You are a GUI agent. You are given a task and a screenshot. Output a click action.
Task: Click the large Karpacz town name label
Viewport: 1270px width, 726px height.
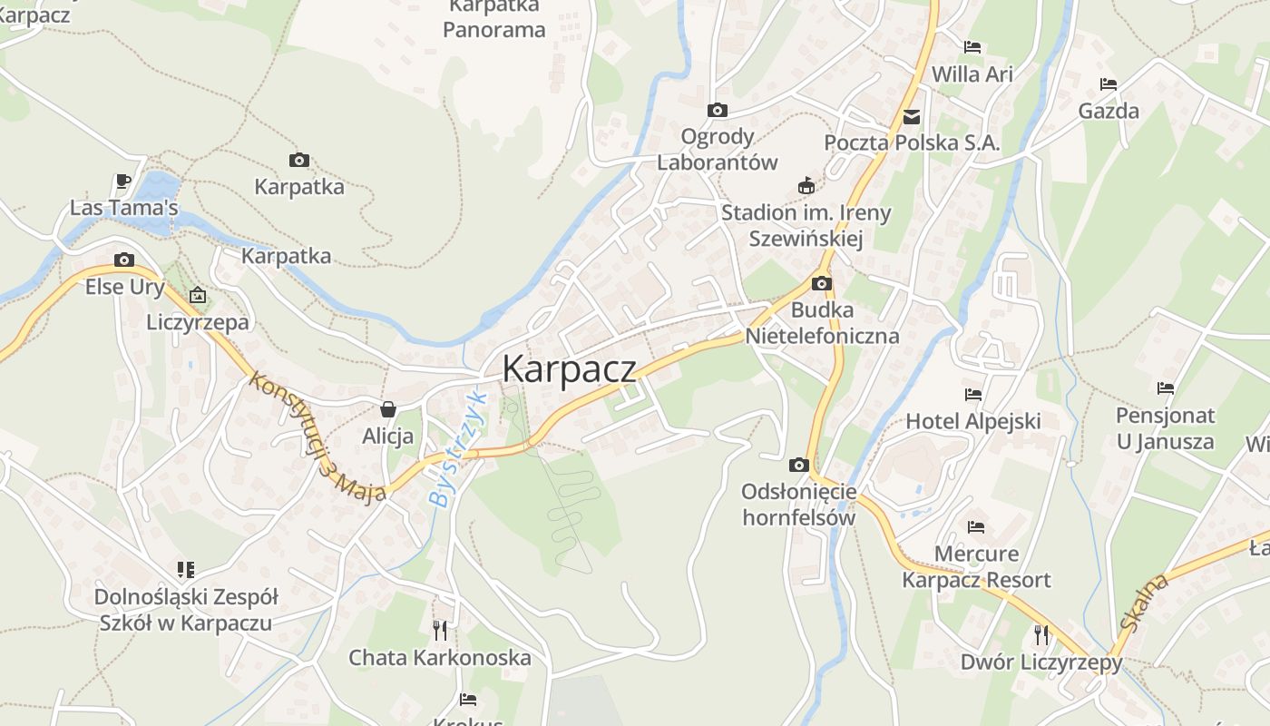pos(569,368)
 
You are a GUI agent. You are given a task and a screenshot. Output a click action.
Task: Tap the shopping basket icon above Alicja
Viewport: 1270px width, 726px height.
pos(388,410)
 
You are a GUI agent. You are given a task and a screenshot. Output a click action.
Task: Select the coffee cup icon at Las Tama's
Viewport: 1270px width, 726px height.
pos(123,181)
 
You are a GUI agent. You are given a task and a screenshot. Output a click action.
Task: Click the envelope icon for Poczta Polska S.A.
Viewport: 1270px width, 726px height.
pos(912,117)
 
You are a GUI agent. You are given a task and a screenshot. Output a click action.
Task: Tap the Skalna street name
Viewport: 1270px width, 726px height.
pos(1145,603)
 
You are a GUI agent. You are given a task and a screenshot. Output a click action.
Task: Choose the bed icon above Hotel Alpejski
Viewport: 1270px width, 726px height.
pos(973,395)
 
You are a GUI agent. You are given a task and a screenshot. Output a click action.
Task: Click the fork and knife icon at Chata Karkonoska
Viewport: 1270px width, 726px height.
pos(440,630)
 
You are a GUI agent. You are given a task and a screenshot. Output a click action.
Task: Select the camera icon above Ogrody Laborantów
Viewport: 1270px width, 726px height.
pos(718,111)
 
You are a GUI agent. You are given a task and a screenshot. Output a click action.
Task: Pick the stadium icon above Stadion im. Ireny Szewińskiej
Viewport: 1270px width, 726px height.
pos(806,187)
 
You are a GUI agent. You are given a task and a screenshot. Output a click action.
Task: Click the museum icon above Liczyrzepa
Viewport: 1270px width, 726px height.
pos(198,295)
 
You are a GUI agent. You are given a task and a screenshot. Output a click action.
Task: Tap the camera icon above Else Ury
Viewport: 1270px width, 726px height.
pos(124,260)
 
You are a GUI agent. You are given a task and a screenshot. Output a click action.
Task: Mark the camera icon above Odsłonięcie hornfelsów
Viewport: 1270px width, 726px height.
pos(798,466)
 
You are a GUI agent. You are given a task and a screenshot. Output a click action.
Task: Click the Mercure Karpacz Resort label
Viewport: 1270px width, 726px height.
pos(976,567)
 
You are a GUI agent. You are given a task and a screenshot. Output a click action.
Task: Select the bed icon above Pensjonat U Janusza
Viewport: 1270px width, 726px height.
pos(1166,388)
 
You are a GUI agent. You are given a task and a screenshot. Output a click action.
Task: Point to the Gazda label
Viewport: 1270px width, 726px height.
pos(1109,112)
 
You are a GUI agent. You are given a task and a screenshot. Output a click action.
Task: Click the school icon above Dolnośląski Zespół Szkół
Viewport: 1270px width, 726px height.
pos(186,570)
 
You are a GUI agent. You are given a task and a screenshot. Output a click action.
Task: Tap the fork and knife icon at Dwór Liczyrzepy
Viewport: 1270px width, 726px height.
pos(1041,634)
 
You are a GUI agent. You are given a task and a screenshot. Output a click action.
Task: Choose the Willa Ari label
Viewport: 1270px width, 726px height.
pos(972,74)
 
